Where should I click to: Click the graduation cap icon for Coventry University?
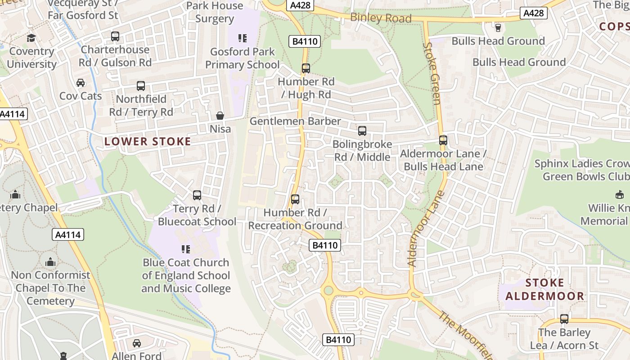(x=31, y=38)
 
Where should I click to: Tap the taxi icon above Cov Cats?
(x=81, y=83)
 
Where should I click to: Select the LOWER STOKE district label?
(x=148, y=142)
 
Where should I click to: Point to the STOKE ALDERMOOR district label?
(x=545, y=289)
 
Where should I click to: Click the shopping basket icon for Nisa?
(x=220, y=116)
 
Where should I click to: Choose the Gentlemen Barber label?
(x=295, y=121)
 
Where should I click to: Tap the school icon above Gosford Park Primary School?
(x=243, y=38)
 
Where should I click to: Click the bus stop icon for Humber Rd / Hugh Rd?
(x=306, y=68)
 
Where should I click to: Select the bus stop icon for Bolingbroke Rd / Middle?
(x=362, y=131)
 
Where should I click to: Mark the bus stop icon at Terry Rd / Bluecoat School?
(x=197, y=195)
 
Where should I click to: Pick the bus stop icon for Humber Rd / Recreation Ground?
(x=295, y=199)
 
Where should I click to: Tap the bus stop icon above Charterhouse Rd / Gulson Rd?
(x=115, y=36)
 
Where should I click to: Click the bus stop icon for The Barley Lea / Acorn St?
(x=564, y=319)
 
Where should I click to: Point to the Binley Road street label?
(x=381, y=18)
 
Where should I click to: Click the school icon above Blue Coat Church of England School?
(x=185, y=249)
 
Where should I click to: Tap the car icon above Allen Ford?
(x=137, y=343)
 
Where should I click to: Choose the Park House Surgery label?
(x=215, y=12)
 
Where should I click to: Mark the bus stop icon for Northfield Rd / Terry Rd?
(x=141, y=86)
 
